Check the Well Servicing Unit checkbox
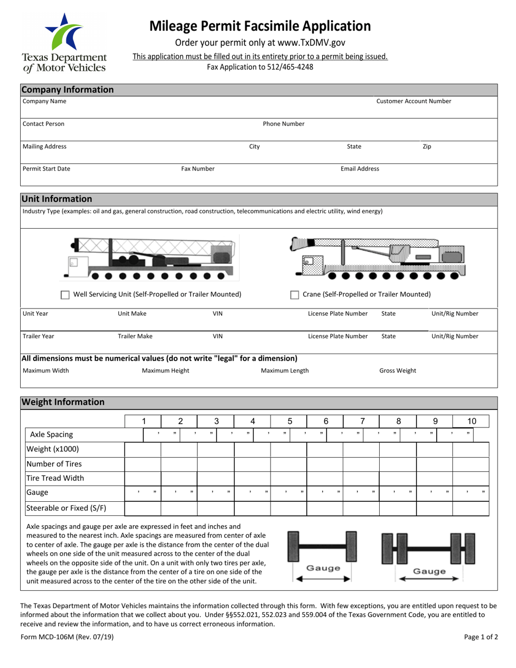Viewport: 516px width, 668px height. [65, 295]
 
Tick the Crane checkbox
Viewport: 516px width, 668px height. [295, 295]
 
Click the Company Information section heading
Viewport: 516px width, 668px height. [67, 90]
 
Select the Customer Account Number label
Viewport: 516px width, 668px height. [413, 101]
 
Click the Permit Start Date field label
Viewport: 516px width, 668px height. [46, 168]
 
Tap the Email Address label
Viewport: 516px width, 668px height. [360, 168]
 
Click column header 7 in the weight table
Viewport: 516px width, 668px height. [362, 421]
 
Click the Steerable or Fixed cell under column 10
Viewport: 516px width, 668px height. [471, 508]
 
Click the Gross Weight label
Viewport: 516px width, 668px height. [398, 370]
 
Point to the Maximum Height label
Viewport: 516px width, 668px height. [166, 370]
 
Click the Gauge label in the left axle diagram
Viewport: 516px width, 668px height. [323, 568]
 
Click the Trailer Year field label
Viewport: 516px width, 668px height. [38, 336]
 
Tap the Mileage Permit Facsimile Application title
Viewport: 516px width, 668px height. [260, 26]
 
